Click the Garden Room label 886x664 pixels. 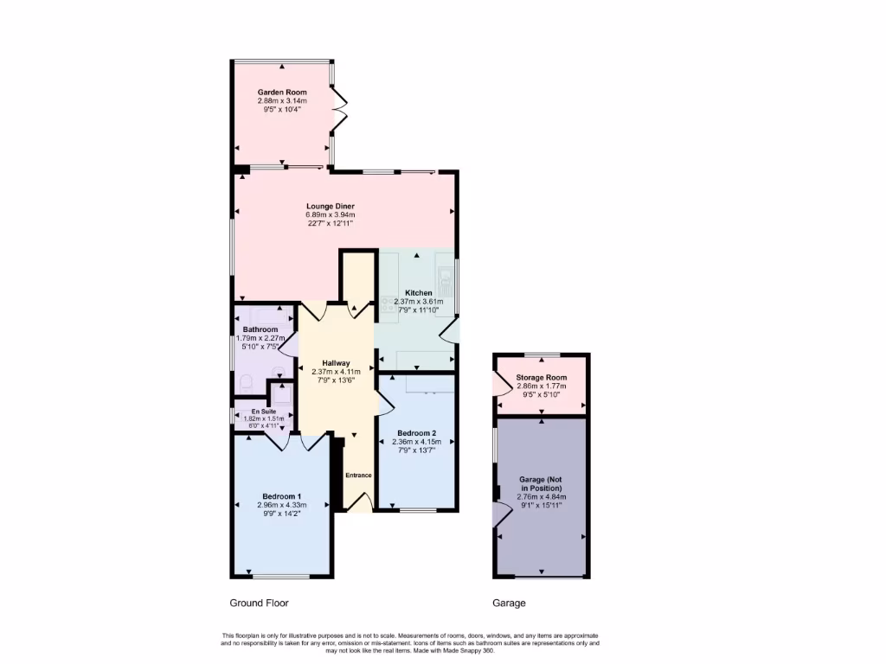coord(282,92)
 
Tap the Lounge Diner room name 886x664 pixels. coord(331,206)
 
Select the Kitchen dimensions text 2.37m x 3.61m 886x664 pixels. coord(418,302)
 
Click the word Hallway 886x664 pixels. coord(336,363)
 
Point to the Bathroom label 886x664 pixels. coord(260,330)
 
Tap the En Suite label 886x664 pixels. coord(264,412)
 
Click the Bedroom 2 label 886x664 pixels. coord(416,432)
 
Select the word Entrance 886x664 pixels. coord(358,476)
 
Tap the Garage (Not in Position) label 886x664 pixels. coord(542,483)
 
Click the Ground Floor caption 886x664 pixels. coord(259,603)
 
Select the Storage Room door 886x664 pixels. coord(500,383)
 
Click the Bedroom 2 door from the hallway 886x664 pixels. coord(381,402)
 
